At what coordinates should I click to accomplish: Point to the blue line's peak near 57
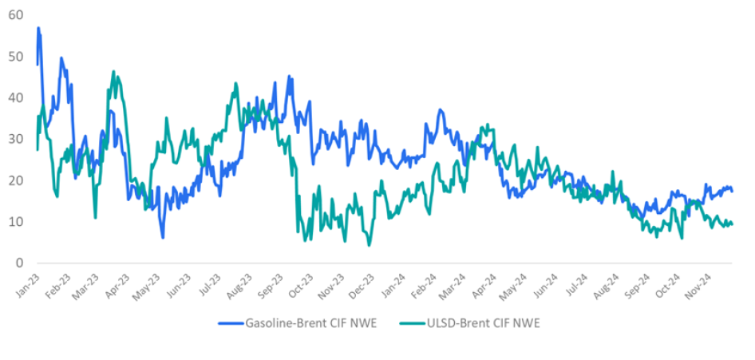coord(38,28)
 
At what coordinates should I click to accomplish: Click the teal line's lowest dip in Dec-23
coord(369,244)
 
